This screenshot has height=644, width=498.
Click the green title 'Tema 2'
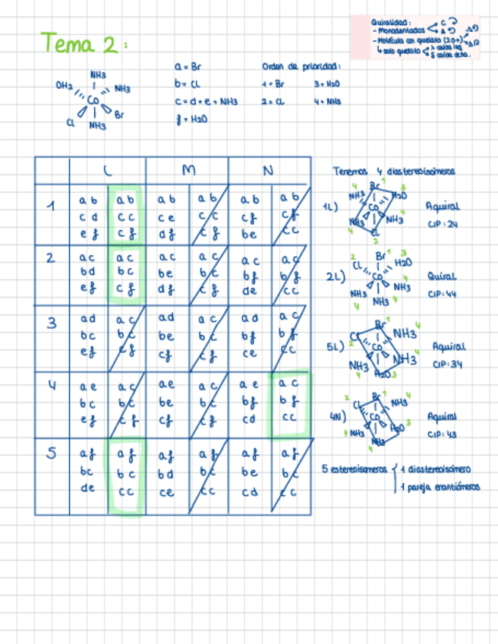[80, 43]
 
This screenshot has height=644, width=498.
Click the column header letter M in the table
[187, 172]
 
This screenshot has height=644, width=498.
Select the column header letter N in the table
[268, 172]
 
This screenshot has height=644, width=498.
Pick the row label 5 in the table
[52, 453]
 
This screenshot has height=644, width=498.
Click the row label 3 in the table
[52, 323]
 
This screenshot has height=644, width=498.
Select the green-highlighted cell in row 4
[289, 405]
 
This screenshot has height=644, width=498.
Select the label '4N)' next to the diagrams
[338, 416]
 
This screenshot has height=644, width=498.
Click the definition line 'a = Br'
[187, 68]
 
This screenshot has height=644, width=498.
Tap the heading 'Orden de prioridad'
[301, 67]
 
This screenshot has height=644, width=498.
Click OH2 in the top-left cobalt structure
[64, 86]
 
